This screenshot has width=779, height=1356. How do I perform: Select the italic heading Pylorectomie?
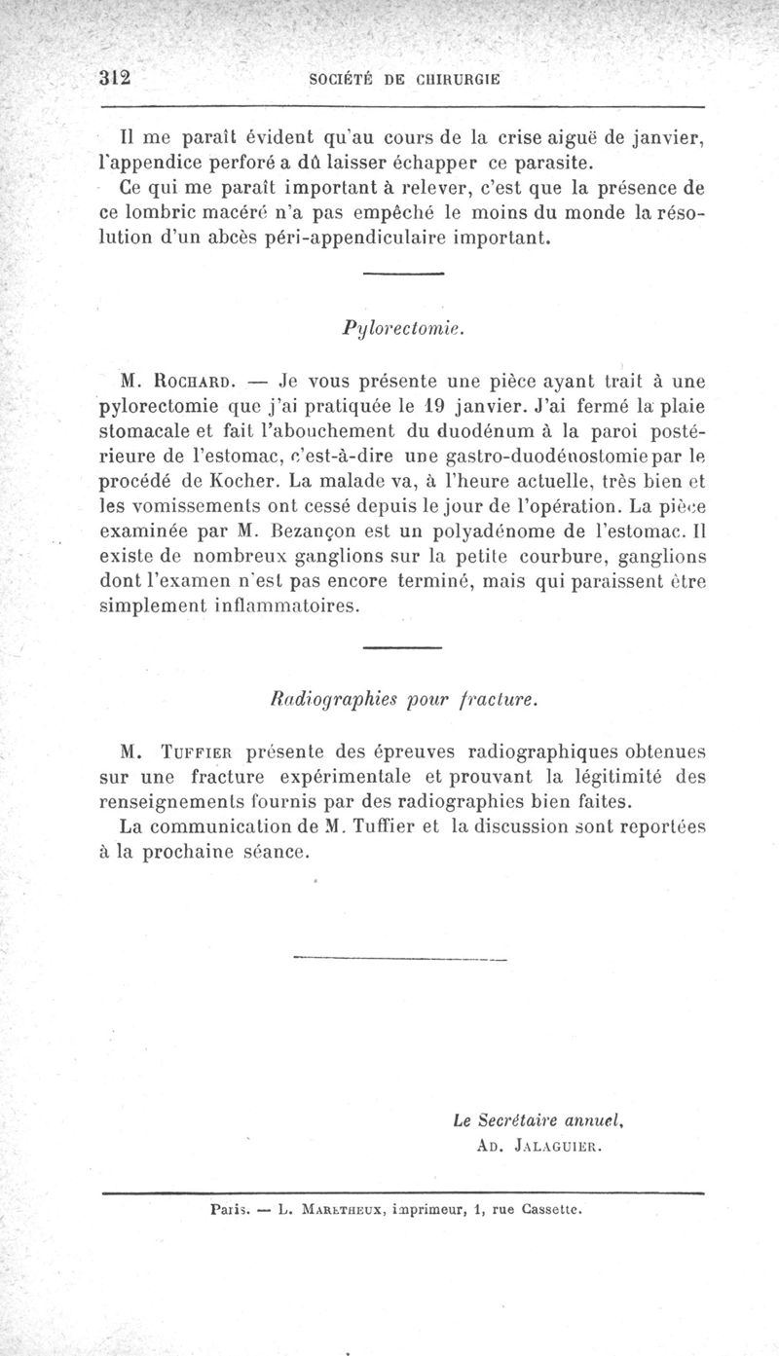pos(402,328)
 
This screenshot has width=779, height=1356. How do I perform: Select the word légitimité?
pos(609,776)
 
